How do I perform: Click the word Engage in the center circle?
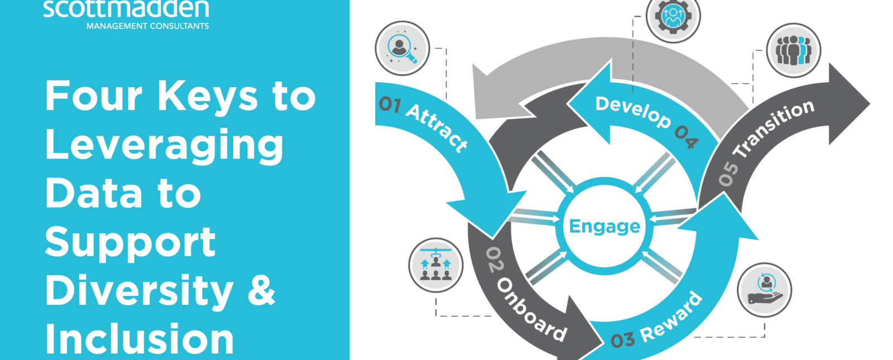(605, 226)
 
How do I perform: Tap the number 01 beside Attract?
(390, 104)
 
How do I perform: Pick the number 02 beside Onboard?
(494, 259)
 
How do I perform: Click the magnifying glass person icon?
(402, 49)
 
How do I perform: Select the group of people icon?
(793, 51)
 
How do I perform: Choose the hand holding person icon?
(764, 290)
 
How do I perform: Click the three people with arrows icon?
(436, 265)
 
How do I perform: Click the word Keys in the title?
(208, 96)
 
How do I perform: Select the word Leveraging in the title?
(164, 145)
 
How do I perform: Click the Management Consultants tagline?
(147, 26)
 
